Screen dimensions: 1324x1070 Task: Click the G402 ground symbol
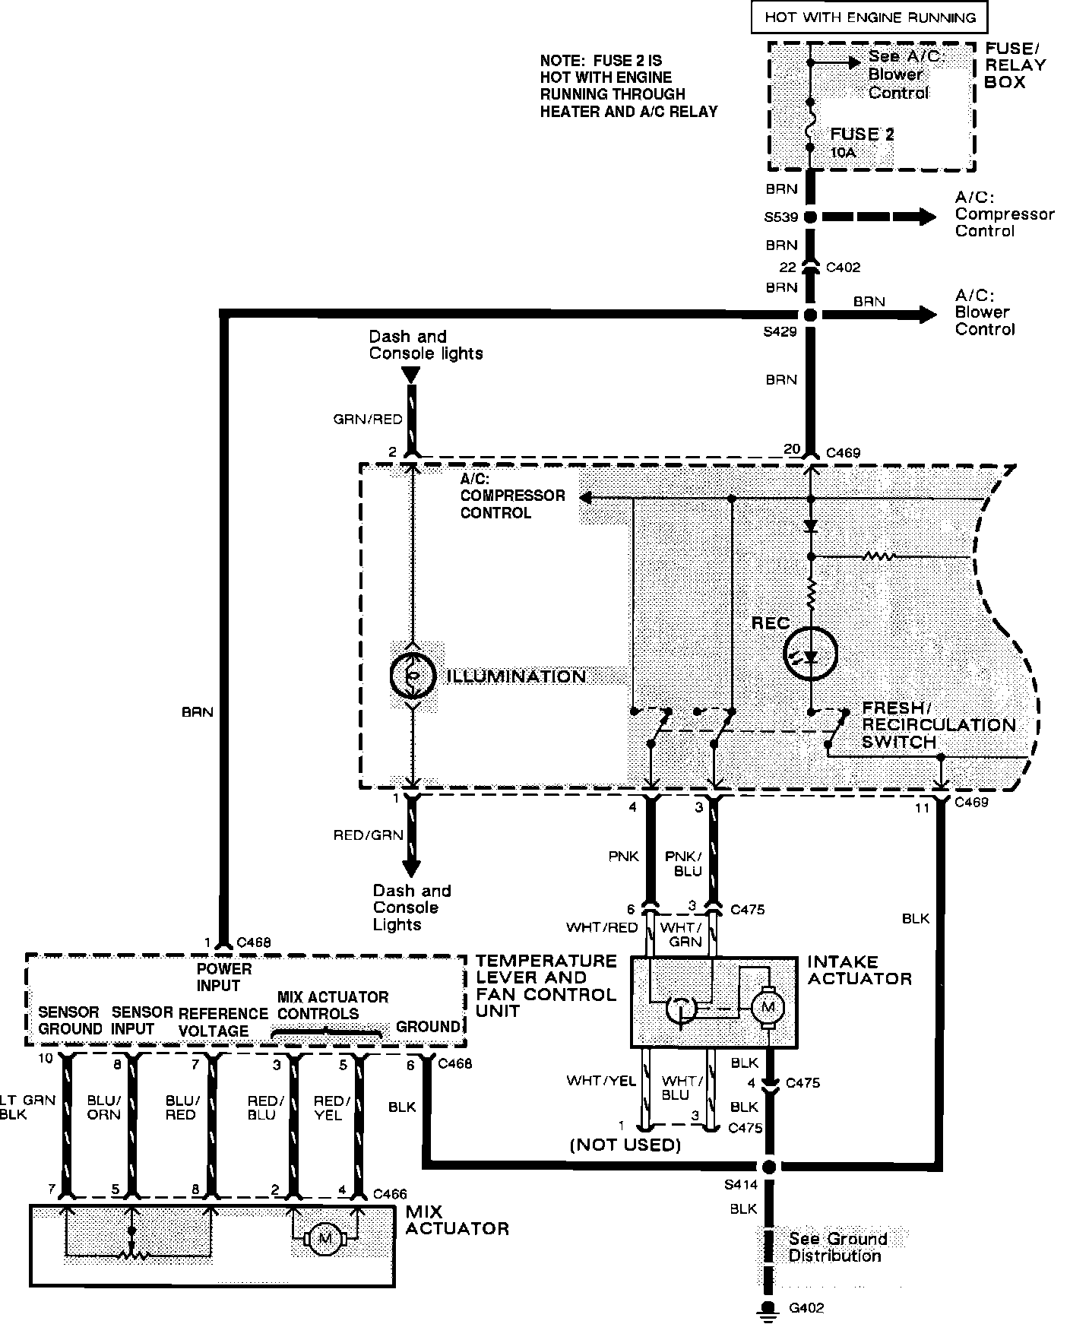click(769, 1308)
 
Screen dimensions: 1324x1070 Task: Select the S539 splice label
click(780, 217)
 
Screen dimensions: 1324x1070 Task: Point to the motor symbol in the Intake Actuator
click(768, 1008)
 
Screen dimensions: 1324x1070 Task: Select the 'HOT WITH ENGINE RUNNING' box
click(870, 17)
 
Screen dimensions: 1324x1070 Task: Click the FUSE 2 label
click(862, 135)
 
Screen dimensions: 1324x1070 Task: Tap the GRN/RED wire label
click(368, 419)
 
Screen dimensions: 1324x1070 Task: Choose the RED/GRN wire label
click(368, 835)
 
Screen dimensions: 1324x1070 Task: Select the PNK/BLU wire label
click(683, 863)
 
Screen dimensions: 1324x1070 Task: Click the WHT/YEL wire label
click(600, 1081)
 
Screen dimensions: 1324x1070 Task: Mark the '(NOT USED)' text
click(625, 1145)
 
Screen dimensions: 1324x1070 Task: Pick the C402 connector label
click(843, 268)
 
